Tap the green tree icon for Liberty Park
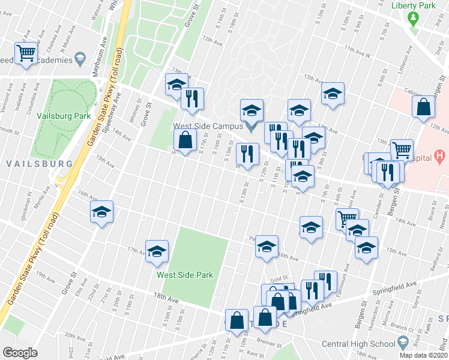[412, 17]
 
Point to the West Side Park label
[185, 275]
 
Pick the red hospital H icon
[439, 157]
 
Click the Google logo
[20, 353]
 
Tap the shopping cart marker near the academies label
[26, 53]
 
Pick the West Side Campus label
[208, 126]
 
